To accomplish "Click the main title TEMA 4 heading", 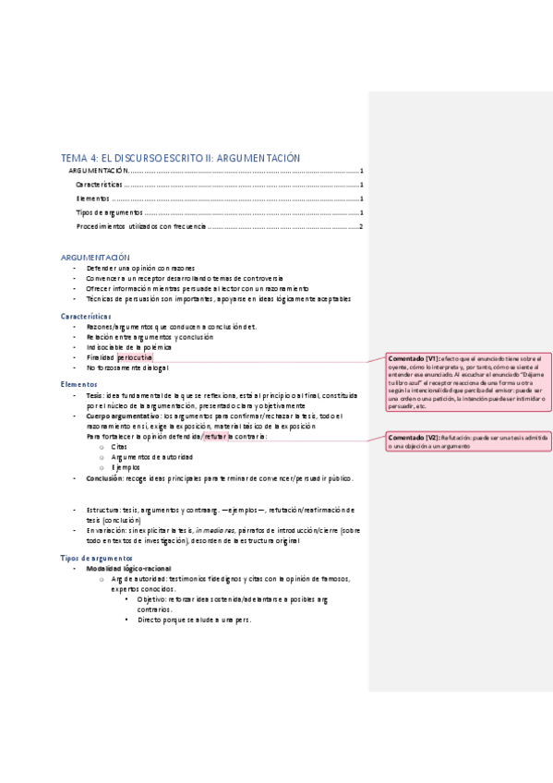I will (180, 158).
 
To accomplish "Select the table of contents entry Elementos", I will (92, 199).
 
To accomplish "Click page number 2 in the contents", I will (362, 226).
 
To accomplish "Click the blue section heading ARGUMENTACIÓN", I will (95, 257).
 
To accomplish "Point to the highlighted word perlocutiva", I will (135, 356).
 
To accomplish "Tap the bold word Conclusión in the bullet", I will (105, 479).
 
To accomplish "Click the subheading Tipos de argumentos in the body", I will (97, 559).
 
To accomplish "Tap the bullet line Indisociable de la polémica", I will (131, 347).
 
